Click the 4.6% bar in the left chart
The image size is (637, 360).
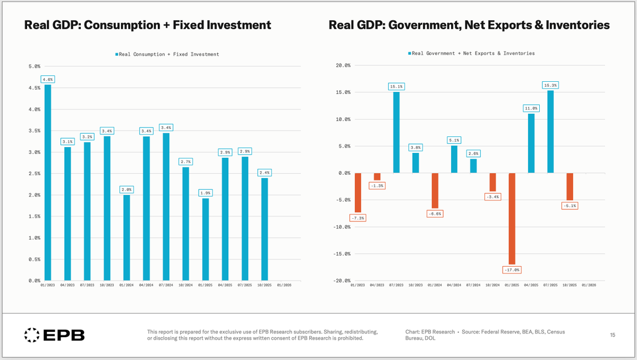click(48, 182)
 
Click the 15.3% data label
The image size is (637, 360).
click(550, 85)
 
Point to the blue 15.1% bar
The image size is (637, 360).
click(396, 132)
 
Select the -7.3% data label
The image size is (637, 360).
click(358, 218)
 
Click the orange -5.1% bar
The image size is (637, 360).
click(570, 186)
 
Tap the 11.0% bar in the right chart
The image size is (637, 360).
click(531, 143)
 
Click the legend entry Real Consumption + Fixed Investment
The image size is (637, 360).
click(168, 54)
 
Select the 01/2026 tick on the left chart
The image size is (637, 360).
click(284, 286)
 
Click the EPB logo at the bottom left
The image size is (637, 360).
click(55, 335)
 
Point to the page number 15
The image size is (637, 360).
click(613, 335)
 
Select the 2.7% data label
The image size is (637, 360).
click(185, 161)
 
